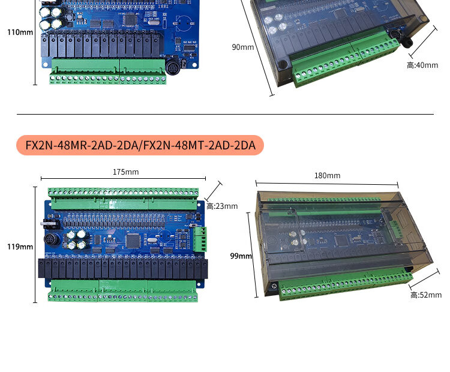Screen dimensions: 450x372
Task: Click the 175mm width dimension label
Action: (x=126, y=172)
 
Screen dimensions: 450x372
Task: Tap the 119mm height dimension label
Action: (x=20, y=247)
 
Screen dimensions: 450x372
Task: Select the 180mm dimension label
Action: (x=328, y=175)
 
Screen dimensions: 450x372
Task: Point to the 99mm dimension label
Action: (x=241, y=256)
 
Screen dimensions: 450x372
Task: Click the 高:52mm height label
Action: (x=426, y=295)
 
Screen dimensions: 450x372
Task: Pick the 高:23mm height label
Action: (x=222, y=206)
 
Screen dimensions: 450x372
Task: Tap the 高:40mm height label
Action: (x=422, y=65)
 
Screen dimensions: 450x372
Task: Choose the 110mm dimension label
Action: (x=20, y=32)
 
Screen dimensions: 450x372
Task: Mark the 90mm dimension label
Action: (x=243, y=47)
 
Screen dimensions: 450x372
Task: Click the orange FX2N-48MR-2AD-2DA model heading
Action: (x=140, y=145)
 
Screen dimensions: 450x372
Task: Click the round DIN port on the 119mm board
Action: (x=52, y=239)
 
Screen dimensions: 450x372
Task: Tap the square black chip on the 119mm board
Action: (x=133, y=240)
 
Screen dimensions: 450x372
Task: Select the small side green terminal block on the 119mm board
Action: (x=200, y=239)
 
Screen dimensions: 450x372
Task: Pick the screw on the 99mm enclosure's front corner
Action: (x=274, y=286)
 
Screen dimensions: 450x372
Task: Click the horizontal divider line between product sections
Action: (x=225, y=114)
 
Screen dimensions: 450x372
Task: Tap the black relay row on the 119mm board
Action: (x=123, y=269)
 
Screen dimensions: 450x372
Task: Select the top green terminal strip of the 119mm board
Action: (x=124, y=198)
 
